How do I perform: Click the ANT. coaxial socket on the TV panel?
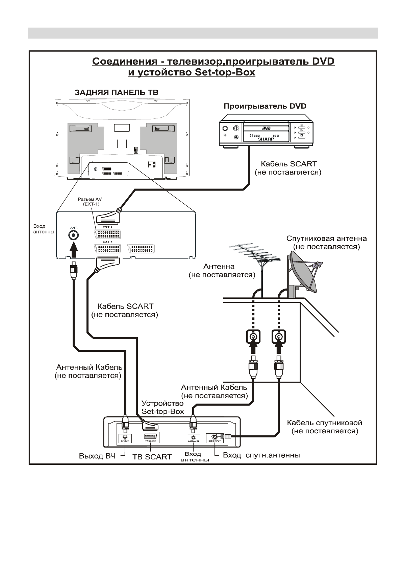pos(73,235)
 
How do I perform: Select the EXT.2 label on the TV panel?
pos(107,227)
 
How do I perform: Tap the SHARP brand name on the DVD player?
pos(266,139)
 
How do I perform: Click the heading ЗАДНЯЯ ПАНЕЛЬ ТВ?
pos(116,92)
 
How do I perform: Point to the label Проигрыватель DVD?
pos(265,106)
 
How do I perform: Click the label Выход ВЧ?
pos(97,456)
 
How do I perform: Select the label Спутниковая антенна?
pos(326,238)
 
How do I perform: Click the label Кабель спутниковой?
pos(324,423)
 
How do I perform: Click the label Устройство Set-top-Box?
pos(163,407)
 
